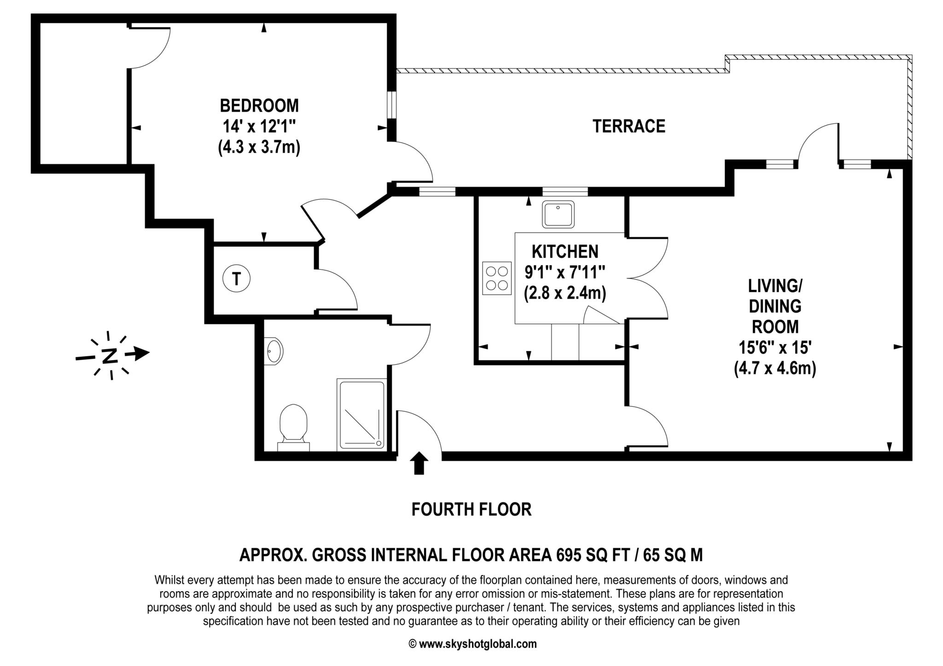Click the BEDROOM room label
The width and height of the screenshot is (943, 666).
pyautogui.click(x=259, y=106)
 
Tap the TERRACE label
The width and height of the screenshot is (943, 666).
pyautogui.click(x=629, y=126)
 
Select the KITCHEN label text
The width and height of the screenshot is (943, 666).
pyautogui.click(x=565, y=252)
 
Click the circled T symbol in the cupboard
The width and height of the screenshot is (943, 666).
pyautogui.click(x=236, y=279)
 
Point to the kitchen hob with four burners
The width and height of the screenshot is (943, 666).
pyautogui.click(x=497, y=278)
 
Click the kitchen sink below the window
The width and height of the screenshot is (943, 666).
pyautogui.click(x=558, y=214)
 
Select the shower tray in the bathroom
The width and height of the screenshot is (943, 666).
pyautogui.click(x=361, y=414)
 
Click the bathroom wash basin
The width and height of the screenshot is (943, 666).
pyautogui.click(x=274, y=351)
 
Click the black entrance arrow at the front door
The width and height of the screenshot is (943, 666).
pyautogui.click(x=419, y=462)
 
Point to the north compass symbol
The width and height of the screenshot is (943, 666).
pyautogui.click(x=111, y=356)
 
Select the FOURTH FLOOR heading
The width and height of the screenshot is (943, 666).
pyautogui.click(x=471, y=510)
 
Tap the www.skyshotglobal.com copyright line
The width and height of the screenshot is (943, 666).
pyautogui.click(x=472, y=644)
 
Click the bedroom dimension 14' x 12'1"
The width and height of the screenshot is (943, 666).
pyautogui.click(x=259, y=126)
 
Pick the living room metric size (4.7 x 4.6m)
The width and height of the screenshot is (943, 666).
pyautogui.click(x=775, y=369)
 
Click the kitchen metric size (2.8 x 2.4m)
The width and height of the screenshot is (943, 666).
pyautogui.click(x=565, y=293)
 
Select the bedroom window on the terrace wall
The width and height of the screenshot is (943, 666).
pyautogui.click(x=391, y=105)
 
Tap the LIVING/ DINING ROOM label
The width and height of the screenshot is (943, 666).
pyautogui.click(x=775, y=306)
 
